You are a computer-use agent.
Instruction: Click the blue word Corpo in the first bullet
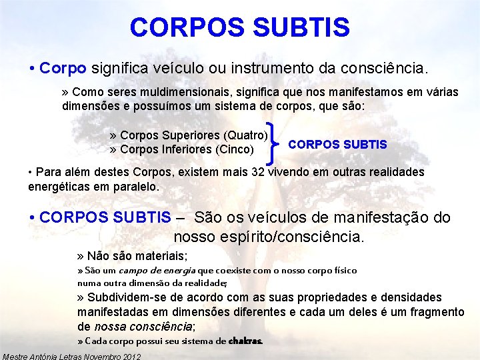tap(63, 68)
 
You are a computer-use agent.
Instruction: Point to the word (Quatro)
tap(247, 135)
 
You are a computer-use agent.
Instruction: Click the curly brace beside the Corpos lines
tap(276, 142)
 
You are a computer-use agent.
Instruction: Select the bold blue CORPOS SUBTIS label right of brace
tap(337, 145)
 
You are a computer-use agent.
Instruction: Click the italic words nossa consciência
tap(143, 326)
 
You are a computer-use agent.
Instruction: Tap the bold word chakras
tap(245, 341)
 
